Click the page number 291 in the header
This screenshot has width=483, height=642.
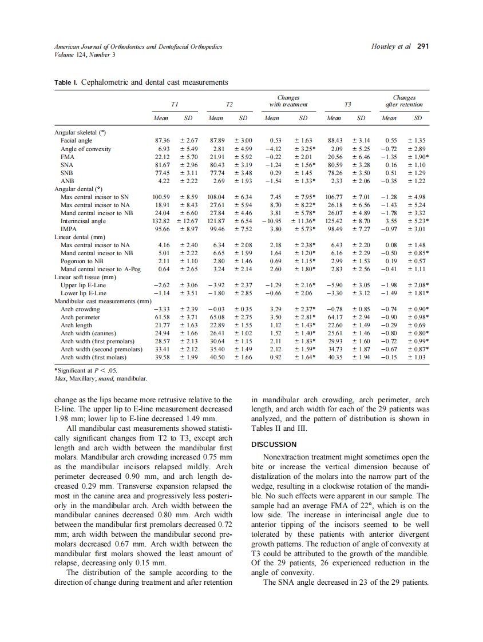click(x=423, y=46)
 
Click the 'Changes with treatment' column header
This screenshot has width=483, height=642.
click(x=288, y=101)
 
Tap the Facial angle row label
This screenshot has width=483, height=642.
click(x=76, y=140)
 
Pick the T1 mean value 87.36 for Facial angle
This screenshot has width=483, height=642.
click(x=163, y=140)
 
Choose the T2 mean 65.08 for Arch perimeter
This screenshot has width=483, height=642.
click(x=216, y=316)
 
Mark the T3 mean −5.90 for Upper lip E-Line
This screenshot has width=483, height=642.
click(x=334, y=284)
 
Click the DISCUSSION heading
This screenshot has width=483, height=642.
click(x=274, y=444)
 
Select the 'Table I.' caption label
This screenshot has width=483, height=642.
click(x=66, y=82)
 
